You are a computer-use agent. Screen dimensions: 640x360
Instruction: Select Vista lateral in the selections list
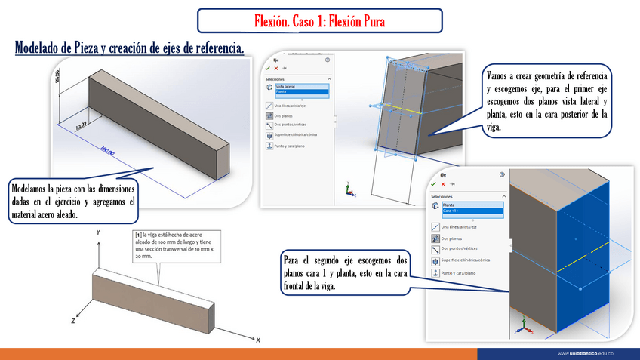(x=287, y=87)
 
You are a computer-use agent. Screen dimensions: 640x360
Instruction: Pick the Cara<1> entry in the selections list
(x=454, y=211)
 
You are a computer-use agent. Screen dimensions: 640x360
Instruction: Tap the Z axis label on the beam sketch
(x=73, y=321)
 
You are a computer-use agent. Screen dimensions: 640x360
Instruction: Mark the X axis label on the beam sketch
(x=257, y=340)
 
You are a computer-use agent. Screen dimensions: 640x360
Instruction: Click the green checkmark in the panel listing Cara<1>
(x=434, y=183)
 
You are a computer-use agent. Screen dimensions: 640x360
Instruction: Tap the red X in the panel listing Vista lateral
(x=275, y=67)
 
